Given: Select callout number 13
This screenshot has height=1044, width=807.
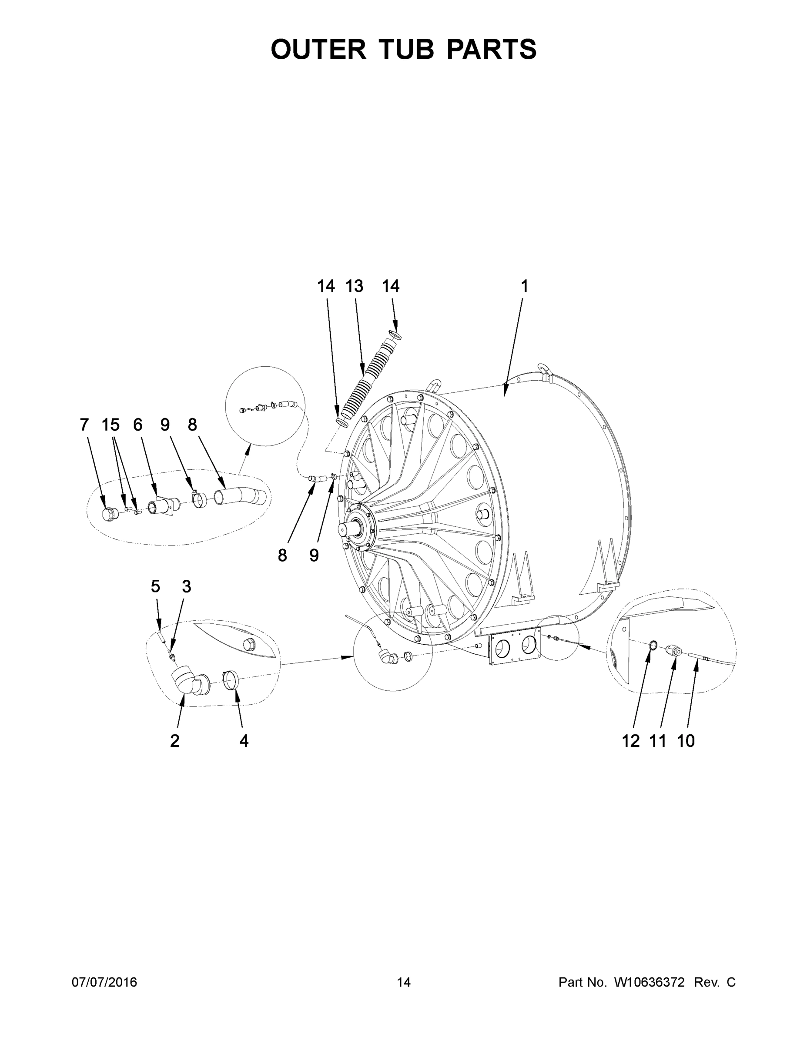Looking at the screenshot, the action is coord(354,286).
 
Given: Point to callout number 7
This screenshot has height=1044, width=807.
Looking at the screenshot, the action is coord(84,425).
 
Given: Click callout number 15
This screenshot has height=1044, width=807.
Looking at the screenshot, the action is coord(111,425).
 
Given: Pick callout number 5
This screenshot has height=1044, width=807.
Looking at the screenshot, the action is coord(155,586).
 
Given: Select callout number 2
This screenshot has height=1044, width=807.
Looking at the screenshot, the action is coord(174,741).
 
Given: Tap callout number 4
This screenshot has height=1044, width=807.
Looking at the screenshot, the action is coord(244,741).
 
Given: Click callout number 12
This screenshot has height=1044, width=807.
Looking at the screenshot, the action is coord(630,741).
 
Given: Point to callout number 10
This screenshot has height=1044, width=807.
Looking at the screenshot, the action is coord(686,741).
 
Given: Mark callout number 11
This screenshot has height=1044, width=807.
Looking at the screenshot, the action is coord(658,741).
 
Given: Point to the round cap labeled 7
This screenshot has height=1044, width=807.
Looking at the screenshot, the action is coord(110,514).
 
